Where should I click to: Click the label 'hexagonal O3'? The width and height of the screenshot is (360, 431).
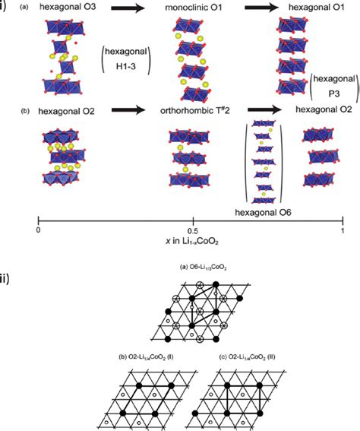pyautogui.click(x=68, y=7)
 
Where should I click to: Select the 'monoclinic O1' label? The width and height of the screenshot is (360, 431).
pyautogui.click(x=194, y=8)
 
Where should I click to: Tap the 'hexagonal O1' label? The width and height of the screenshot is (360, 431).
pyautogui.click(x=316, y=7)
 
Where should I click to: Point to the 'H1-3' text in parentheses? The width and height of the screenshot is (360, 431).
pyautogui.click(x=126, y=66)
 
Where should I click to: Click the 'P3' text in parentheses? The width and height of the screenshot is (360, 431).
pyautogui.click(x=334, y=94)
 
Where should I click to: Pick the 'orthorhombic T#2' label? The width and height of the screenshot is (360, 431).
pyautogui.click(x=195, y=110)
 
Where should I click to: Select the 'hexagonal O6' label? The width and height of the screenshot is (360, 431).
pyautogui.click(x=263, y=213)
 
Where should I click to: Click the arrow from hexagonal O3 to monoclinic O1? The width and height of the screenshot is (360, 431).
pyautogui.click(x=128, y=8)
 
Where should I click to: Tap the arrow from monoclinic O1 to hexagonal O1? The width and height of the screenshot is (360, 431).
pyautogui.click(x=262, y=8)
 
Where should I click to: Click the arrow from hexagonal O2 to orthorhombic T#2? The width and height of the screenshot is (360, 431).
pyautogui.click(x=128, y=110)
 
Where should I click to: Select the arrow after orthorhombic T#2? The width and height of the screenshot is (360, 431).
pyautogui.click(x=265, y=110)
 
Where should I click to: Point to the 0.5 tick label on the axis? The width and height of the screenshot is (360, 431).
pyautogui.click(x=194, y=230)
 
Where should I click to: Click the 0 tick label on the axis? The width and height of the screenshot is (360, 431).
pyautogui.click(x=39, y=230)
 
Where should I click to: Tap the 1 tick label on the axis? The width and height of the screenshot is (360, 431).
pyautogui.click(x=343, y=230)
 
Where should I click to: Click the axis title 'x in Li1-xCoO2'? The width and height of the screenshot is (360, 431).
pyautogui.click(x=192, y=241)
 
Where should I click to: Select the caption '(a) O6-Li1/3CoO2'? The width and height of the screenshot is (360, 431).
pyautogui.click(x=203, y=267)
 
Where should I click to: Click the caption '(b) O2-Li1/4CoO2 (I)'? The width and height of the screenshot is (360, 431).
pyautogui.click(x=146, y=357)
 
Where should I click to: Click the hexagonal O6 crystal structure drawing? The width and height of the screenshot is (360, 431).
pyautogui.click(x=264, y=162)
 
